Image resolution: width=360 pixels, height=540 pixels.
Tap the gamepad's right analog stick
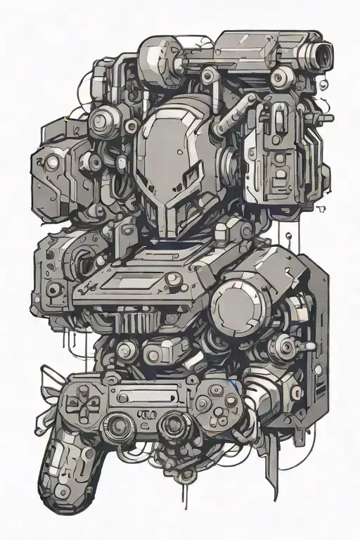pos(172,425)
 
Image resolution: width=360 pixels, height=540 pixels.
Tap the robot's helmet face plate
pos(169,151)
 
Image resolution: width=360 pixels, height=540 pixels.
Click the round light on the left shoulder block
pos(51,163)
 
